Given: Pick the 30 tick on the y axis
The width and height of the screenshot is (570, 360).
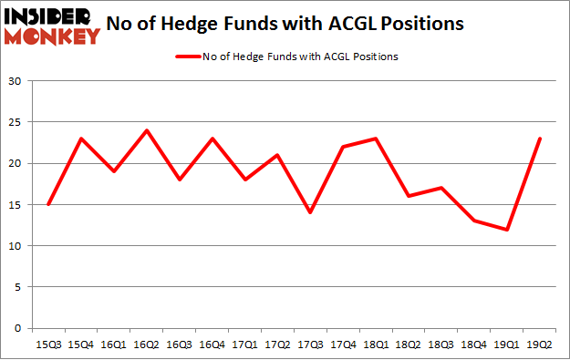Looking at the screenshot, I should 15,81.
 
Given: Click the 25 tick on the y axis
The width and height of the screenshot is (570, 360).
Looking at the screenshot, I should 15,122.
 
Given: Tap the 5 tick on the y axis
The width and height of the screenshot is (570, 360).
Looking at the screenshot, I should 18,287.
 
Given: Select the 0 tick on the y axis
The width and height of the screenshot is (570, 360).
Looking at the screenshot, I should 18,328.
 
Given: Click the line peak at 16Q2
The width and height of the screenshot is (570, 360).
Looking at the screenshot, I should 146,130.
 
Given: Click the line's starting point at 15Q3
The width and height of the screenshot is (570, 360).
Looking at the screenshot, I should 48,205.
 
